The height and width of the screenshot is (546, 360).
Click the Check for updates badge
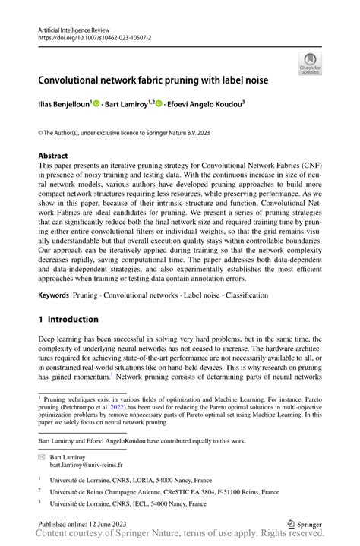[310, 64]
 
